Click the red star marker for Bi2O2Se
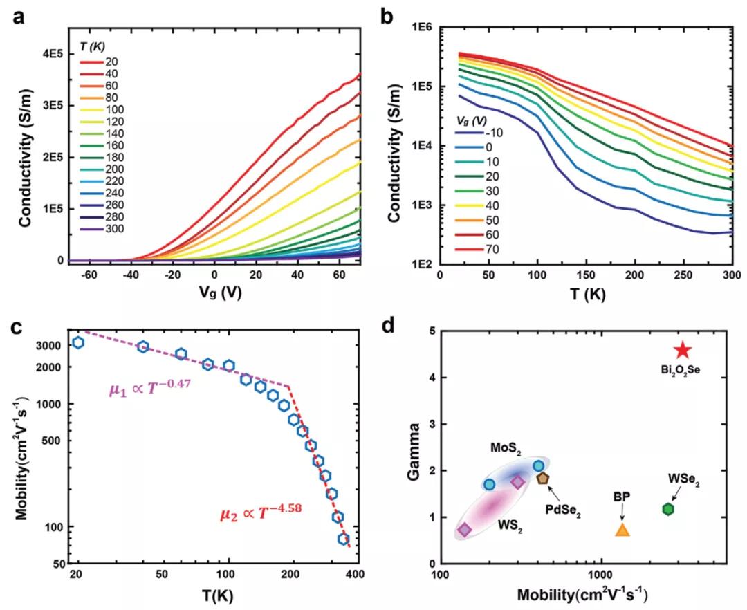pos(682,350)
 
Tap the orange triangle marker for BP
pos(622,530)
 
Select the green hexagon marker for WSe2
pos(668,509)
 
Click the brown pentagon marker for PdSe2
pos(542,478)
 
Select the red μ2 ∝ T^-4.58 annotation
pos(255,514)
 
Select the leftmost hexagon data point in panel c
pos(77,342)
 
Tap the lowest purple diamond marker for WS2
pos(465,530)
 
